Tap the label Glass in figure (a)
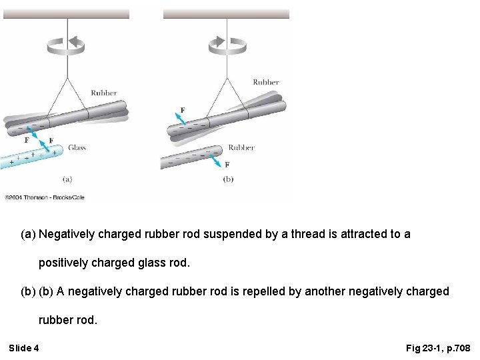click(x=77, y=148)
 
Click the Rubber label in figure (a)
click(x=103, y=93)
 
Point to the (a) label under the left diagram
click(x=67, y=179)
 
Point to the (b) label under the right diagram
click(x=228, y=179)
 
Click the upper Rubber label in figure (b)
click(x=265, y=83)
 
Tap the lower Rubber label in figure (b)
click(x=241, y=148)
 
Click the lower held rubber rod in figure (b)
click(x=190, y=157)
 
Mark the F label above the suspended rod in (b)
click(x=183, y=110)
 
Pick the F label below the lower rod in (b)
click(x=227, y=165)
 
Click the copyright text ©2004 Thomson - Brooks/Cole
click(x=44, y=197)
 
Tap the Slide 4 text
click(x=24, y=348)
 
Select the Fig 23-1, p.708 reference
click(x=438, y=348)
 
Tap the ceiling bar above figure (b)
click(x=226, y=13)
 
